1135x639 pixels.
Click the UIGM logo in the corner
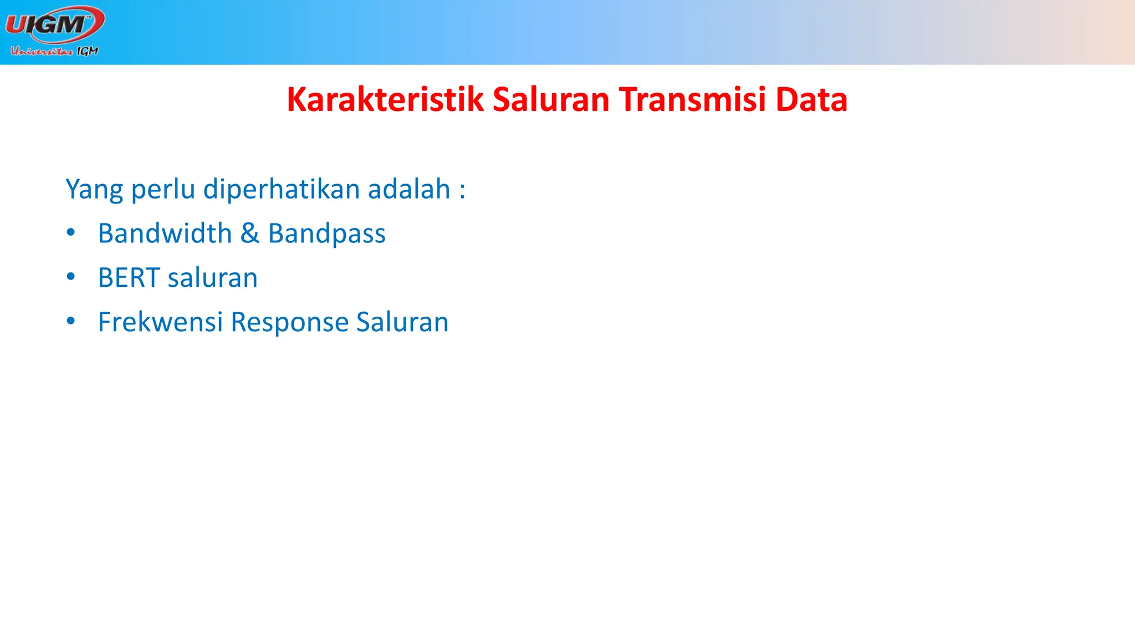[x=54, y=24]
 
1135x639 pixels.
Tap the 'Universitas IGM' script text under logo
[x=54, y=52]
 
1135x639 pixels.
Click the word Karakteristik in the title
[x=385, y=100]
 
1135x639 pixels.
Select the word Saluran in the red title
[x=550, y=100]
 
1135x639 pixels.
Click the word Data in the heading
[x=811, y=100]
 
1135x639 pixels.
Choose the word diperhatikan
[x=282, y=189]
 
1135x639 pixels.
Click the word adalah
[x=408, y=189]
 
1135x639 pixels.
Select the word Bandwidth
[x=165, y=234]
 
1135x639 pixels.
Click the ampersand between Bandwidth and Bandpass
[x=250, y=234]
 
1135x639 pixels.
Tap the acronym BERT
[x=129, y=278]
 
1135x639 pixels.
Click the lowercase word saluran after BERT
[x=212, y=278]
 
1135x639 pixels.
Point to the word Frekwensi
[x=160, y=322]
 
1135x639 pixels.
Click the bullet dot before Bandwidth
[x=70, y=232]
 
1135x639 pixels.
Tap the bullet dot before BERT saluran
[x=70, y=277]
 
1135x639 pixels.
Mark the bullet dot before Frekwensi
[x=70, y=321]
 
